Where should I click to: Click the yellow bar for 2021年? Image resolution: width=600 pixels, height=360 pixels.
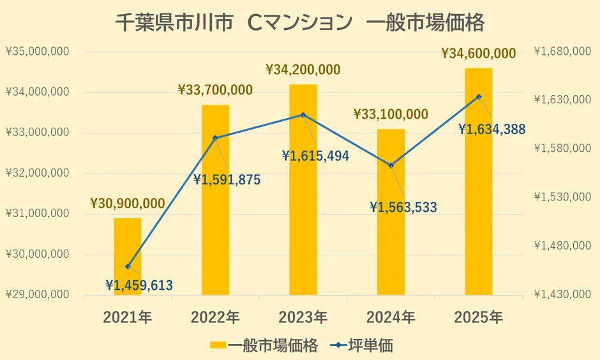coord(128,257)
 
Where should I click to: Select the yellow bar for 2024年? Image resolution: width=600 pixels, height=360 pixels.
coord(391,212)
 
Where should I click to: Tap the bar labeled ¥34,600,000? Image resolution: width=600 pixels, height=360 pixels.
coord(479,181)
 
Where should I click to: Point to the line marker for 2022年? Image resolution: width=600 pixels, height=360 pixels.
coord(215,138)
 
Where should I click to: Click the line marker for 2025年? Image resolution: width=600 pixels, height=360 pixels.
coord(479,96)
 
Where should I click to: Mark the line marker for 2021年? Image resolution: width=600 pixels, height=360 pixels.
coord(128,266)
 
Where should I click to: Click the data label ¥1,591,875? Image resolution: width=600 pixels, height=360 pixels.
coord(227,180)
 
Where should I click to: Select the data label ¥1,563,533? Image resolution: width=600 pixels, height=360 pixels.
coord(403,207)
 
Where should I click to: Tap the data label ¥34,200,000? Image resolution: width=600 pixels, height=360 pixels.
coord(303,70)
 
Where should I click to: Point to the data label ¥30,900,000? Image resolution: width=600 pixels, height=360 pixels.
coord(128,204)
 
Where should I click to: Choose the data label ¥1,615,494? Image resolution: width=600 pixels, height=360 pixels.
coord(315,156)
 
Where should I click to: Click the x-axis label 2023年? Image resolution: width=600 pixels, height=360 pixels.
coord(303,317)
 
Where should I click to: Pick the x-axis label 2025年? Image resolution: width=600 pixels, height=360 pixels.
coord(479,317)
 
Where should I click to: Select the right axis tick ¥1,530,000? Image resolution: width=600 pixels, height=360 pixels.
coord(562,197)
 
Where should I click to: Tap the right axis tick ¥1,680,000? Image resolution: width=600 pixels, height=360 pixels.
coord(562,52)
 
